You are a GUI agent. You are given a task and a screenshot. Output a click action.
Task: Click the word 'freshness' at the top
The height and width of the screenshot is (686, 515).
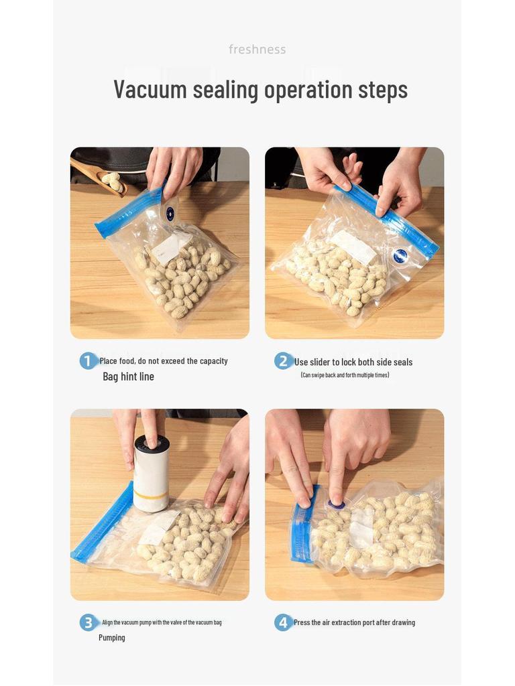(257, 50)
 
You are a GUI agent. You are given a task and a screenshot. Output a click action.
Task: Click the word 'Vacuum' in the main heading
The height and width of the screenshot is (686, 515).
(150, 89)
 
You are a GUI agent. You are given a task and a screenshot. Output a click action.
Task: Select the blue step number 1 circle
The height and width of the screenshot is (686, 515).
(89, 361)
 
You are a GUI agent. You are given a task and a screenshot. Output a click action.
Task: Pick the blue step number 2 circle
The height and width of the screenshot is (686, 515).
(283, 362)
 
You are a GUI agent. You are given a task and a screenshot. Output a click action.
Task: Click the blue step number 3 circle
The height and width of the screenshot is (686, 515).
(89, 622)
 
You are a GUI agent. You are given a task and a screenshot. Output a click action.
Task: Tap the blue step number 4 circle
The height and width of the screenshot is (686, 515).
(283, 622)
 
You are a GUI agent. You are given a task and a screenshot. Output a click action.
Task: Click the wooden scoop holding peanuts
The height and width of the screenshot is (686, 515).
(101, 176)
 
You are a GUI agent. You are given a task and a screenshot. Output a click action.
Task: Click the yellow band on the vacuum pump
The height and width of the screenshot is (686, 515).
(150, 497)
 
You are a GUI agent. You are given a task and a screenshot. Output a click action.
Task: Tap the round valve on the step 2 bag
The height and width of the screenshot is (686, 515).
(401, 256)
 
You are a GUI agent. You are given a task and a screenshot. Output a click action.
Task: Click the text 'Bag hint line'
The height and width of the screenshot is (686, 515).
(128, 376)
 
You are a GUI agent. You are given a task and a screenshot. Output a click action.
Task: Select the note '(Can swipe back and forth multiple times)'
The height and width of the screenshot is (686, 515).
(345, 375)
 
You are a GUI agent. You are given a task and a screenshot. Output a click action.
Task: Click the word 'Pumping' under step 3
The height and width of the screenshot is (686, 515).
(112, 638)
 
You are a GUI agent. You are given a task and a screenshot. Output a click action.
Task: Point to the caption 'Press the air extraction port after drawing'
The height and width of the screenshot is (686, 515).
(354, 622)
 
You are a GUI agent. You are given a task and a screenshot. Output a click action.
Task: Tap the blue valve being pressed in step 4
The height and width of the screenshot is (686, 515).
(336, 504)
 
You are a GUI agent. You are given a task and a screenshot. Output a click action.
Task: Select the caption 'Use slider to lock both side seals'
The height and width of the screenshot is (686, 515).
(353, 362)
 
